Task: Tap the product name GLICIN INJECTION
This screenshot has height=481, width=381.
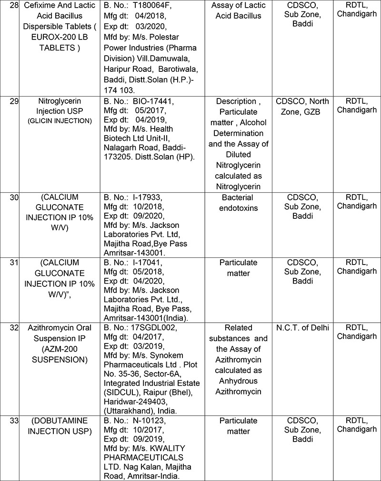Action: (x=60, y=120)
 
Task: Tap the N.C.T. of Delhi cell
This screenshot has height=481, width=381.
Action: (x=302, y=328)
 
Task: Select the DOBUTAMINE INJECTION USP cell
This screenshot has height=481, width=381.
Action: (x=60, y=426)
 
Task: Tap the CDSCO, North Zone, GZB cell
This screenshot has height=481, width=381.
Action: (x=302, y=106)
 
